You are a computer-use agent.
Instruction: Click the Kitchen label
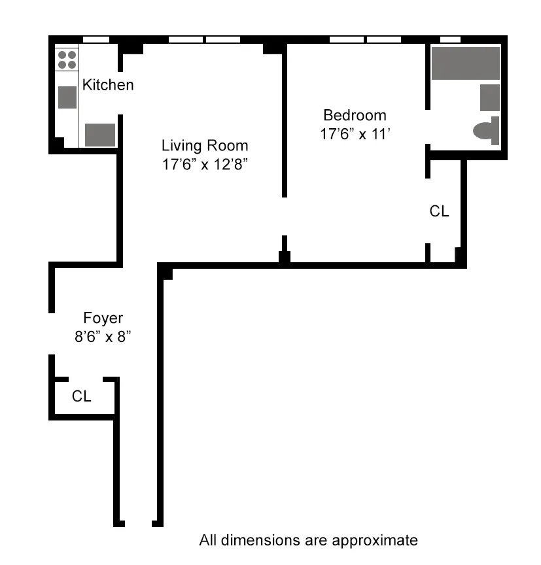pos(108,84)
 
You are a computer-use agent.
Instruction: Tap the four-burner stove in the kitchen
pos(67,60)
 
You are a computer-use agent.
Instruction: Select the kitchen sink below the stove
pos(67,97)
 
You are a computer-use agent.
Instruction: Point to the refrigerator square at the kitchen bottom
pos(100,135)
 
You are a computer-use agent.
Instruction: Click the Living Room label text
pos(205,145)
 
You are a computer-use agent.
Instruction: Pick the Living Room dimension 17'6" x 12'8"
pos(205,165)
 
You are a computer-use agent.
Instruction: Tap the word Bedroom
pos(355,116)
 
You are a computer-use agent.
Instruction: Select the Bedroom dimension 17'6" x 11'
pos(355,135)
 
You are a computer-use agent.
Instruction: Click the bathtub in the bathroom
pos(466,63)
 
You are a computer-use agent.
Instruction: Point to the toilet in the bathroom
pos(487,131)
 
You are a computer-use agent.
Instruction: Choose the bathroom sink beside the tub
pos(490,97)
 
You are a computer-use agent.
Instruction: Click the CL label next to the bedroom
pos(440,211)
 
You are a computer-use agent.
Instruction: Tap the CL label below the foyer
pos(82,396)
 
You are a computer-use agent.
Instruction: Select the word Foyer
pos(103,318)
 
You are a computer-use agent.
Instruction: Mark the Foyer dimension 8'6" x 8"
pos(103,338)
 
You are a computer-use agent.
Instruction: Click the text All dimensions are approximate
pos(308,540)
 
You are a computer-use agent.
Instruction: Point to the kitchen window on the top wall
pos(96,39)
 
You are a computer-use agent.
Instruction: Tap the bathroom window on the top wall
pos(451,39)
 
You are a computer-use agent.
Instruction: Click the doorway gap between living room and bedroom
pos(284,216)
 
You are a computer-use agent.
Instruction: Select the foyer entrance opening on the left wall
pos(51,334)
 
